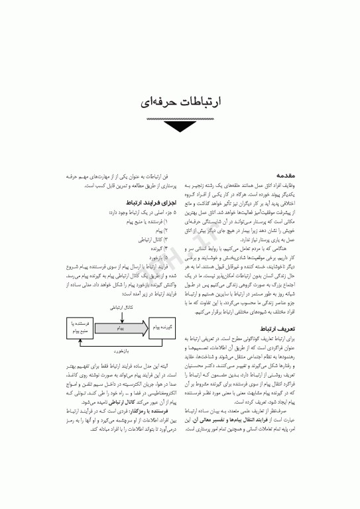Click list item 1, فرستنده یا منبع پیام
point(150,219)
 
